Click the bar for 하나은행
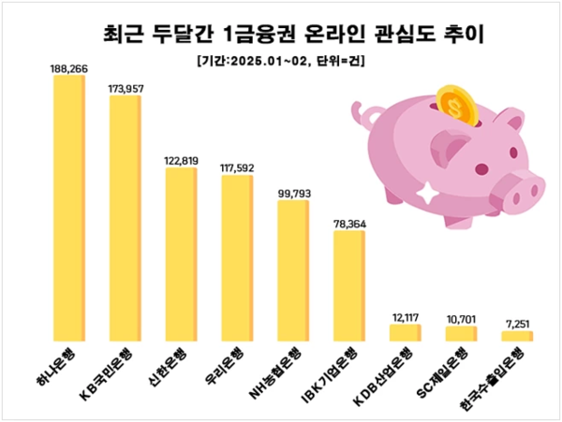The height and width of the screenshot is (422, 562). (x=69, y=207)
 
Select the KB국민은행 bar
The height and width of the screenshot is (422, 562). (x=125, y=216)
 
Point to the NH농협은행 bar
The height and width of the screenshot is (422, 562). (x=292, y=269)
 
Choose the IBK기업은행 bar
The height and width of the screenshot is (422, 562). (x=348, y=284)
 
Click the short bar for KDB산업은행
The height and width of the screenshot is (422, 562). (x=405, y=331)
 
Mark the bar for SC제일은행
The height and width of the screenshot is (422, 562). (x=461, y=332)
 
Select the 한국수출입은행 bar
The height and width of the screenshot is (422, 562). (x=516, y=334)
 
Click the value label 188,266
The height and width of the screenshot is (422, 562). (x=69, y=67)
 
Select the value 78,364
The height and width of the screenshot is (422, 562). (x=348, y=223)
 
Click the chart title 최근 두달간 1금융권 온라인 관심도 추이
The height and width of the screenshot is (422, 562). (x=281, y=36)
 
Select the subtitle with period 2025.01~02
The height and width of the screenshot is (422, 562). (x=281, y=61)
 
